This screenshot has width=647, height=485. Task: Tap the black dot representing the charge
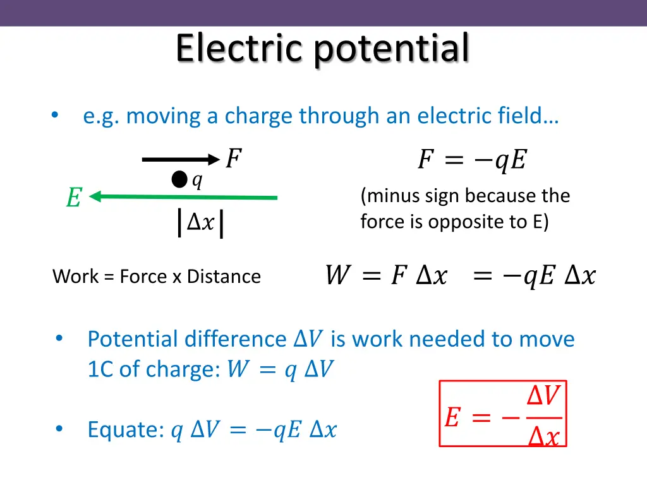pos(179,181)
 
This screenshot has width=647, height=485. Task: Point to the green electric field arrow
pos(183,198)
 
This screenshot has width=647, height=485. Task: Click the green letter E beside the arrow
pos(74,198)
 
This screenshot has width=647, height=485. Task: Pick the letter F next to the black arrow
pos(233,159)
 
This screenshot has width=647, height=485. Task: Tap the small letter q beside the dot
pos(197,181)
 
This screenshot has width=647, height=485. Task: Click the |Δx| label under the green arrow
pos(200,223)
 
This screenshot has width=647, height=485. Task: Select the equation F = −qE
pos(471,160)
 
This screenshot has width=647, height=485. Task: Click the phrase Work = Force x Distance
pos(157,277)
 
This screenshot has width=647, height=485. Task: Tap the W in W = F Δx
pos(335,275)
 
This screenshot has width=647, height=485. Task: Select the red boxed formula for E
pos(503,414)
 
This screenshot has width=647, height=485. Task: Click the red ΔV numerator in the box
pos(543,397)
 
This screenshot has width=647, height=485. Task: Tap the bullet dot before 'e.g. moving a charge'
pos(55,115)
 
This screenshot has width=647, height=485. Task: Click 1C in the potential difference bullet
pos(100,369)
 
